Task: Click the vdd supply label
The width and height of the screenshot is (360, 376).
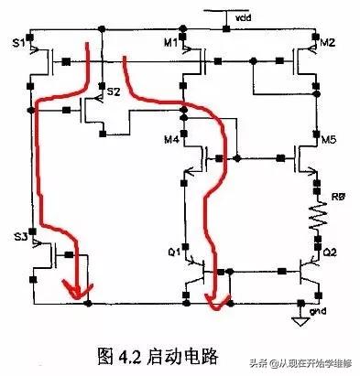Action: pos(241,16)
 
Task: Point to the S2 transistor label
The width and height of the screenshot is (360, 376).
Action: pos(114,92)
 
